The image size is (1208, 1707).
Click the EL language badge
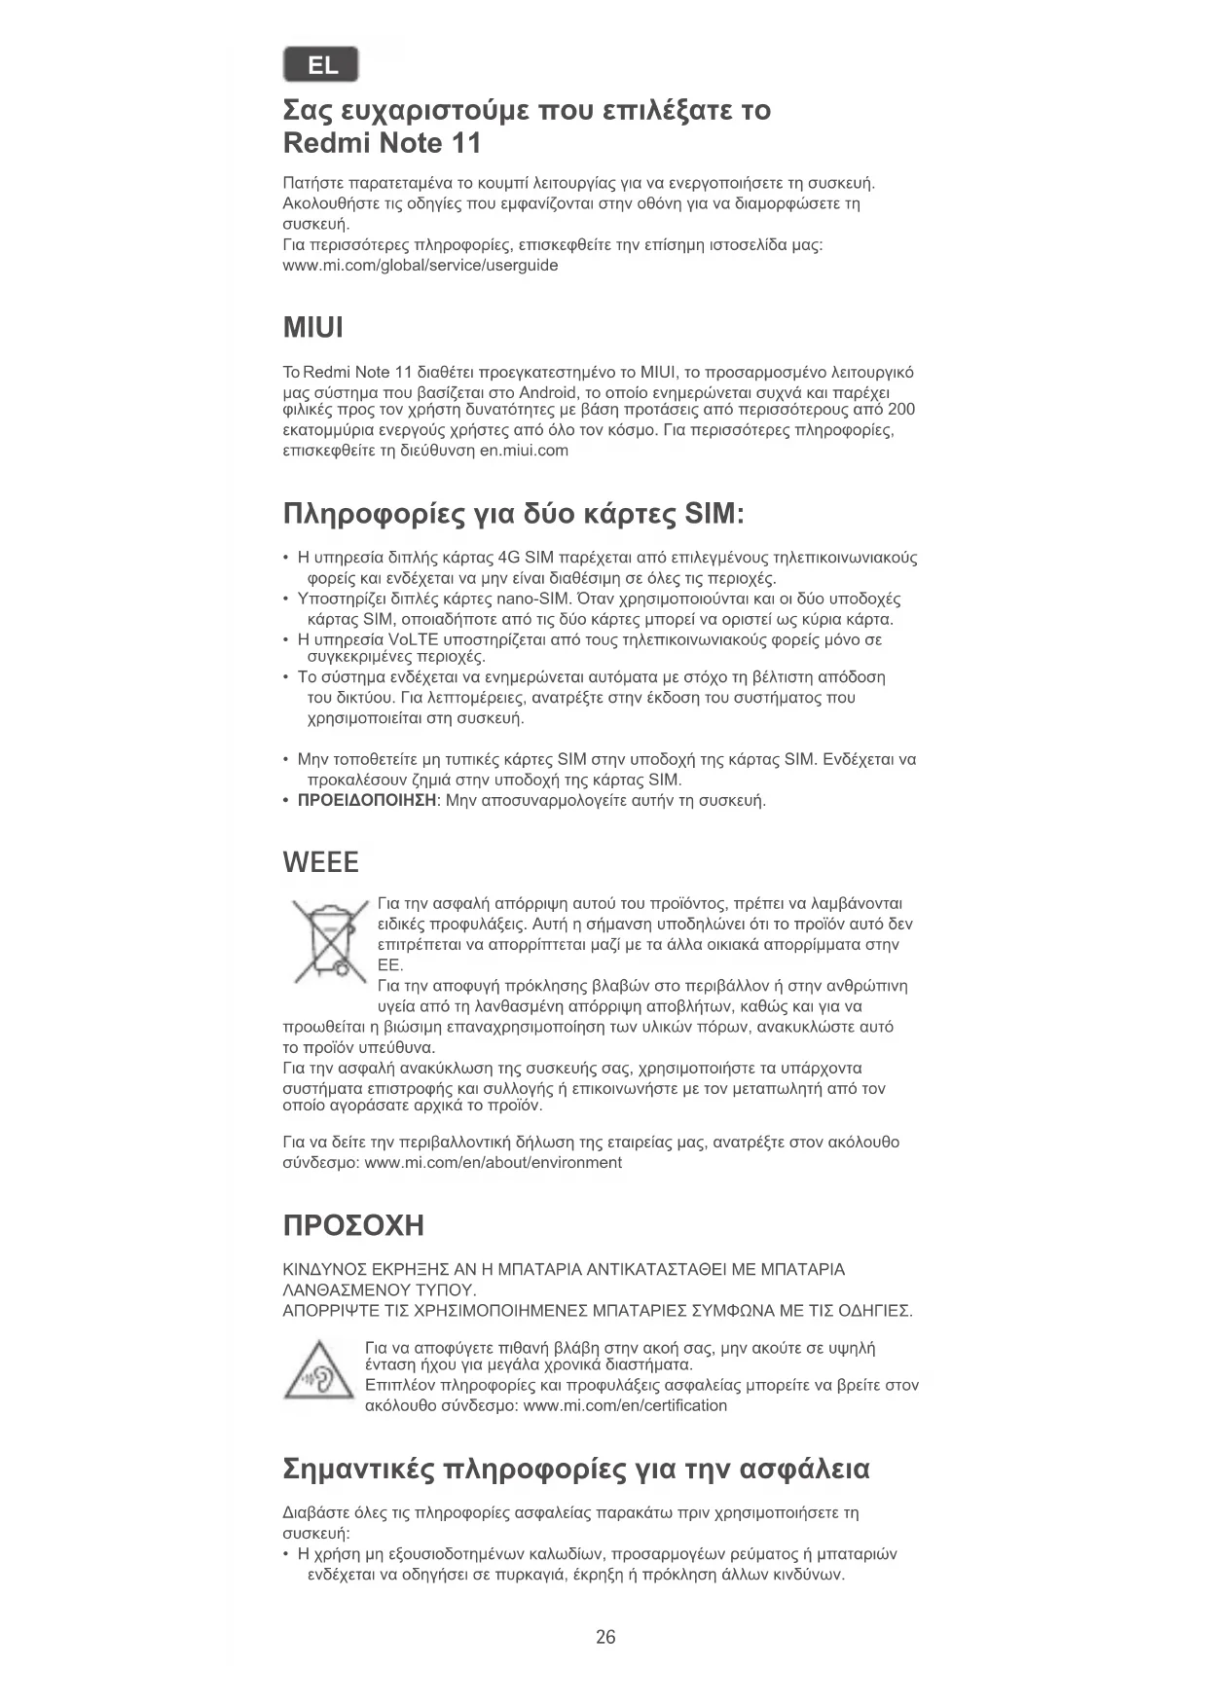point(321,65)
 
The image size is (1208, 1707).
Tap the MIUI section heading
point(312,328)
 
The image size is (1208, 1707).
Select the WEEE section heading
point(320,862)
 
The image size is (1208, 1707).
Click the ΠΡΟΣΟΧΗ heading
point(353,1225)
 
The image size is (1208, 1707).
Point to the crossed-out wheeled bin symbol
point(329,941)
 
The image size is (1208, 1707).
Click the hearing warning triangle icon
point(318,1370)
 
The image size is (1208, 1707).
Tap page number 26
point(605,1637)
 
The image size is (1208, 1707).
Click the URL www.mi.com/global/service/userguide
point(421,266)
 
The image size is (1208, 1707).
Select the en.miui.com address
point(524,451)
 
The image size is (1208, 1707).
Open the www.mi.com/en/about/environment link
point(493,1163)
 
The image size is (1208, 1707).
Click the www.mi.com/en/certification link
point(625,1405)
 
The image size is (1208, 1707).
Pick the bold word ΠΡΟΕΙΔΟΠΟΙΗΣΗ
point(367,801)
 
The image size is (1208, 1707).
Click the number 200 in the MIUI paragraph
point(900,410)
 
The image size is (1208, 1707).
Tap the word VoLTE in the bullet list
point(413,639)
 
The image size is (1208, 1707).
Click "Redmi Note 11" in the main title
point(382,143)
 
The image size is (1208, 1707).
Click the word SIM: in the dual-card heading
point(714,514)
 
